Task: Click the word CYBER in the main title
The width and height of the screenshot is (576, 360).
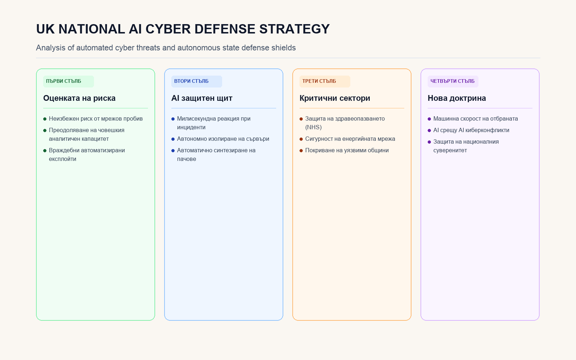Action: (168, 29)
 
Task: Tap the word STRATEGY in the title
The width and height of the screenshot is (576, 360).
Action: (294, 29)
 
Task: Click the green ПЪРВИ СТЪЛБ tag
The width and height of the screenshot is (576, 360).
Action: (68, 81)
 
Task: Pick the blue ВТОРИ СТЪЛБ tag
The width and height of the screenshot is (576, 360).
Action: (197, 81)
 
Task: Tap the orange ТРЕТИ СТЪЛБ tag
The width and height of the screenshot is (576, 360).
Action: (325, 81)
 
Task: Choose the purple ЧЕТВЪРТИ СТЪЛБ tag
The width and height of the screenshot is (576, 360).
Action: (453, 81)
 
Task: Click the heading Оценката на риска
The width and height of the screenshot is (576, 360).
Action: (79, 98)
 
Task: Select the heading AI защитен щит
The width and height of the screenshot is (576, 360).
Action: (202, 98)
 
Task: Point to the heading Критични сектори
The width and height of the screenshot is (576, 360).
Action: (335, 98)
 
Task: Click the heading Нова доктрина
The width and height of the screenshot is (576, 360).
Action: (457, 98)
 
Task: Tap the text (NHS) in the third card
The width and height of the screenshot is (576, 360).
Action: (314, 127)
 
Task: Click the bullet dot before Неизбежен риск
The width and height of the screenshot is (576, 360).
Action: (45, 119)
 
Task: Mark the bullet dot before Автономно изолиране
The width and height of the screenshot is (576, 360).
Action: (173, 139)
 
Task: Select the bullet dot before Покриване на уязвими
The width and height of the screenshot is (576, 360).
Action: (301, 151)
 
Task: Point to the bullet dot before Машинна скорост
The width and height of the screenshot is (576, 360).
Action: (429, 119)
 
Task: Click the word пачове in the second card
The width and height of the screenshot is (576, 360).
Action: (186, 159)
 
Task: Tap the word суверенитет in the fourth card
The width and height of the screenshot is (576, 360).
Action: (450, 150)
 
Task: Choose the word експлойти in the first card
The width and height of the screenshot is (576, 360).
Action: (63, 159)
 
